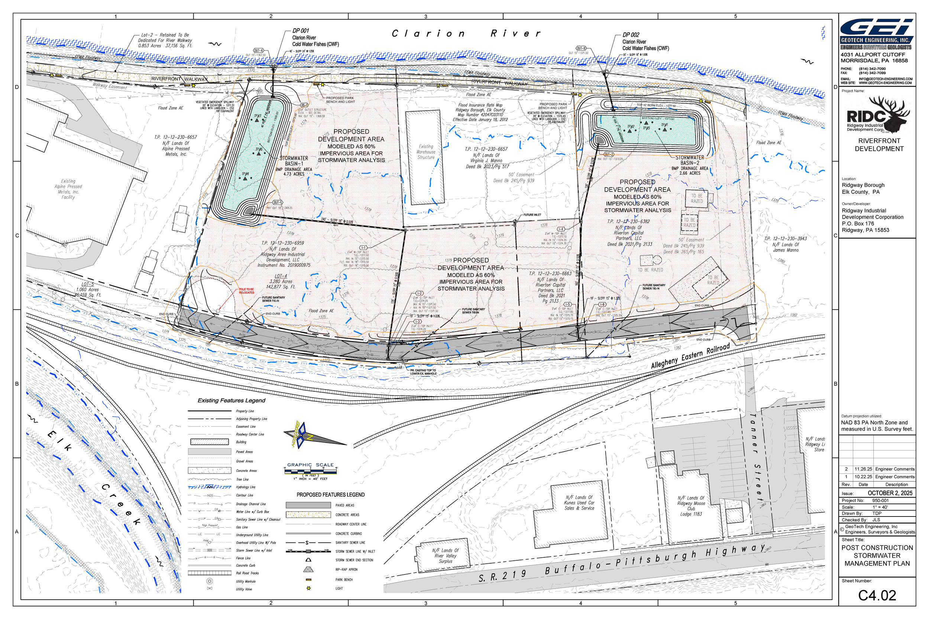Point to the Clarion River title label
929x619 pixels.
pos(466,33)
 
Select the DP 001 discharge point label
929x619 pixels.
pos(301,31)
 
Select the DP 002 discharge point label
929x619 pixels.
pos(631,35)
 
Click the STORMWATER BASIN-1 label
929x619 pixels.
pos(294,161)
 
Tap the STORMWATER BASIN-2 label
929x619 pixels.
pos(690,160)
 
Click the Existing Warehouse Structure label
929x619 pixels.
pos(426,152)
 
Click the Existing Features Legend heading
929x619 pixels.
pos(232,400)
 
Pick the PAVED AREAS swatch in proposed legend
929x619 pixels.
pos(308,505)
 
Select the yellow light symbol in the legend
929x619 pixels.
pos(308,588)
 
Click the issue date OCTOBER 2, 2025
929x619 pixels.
pos(890,493)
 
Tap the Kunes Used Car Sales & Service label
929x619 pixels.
pos(579,502)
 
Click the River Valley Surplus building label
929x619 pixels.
pos(445,556)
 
